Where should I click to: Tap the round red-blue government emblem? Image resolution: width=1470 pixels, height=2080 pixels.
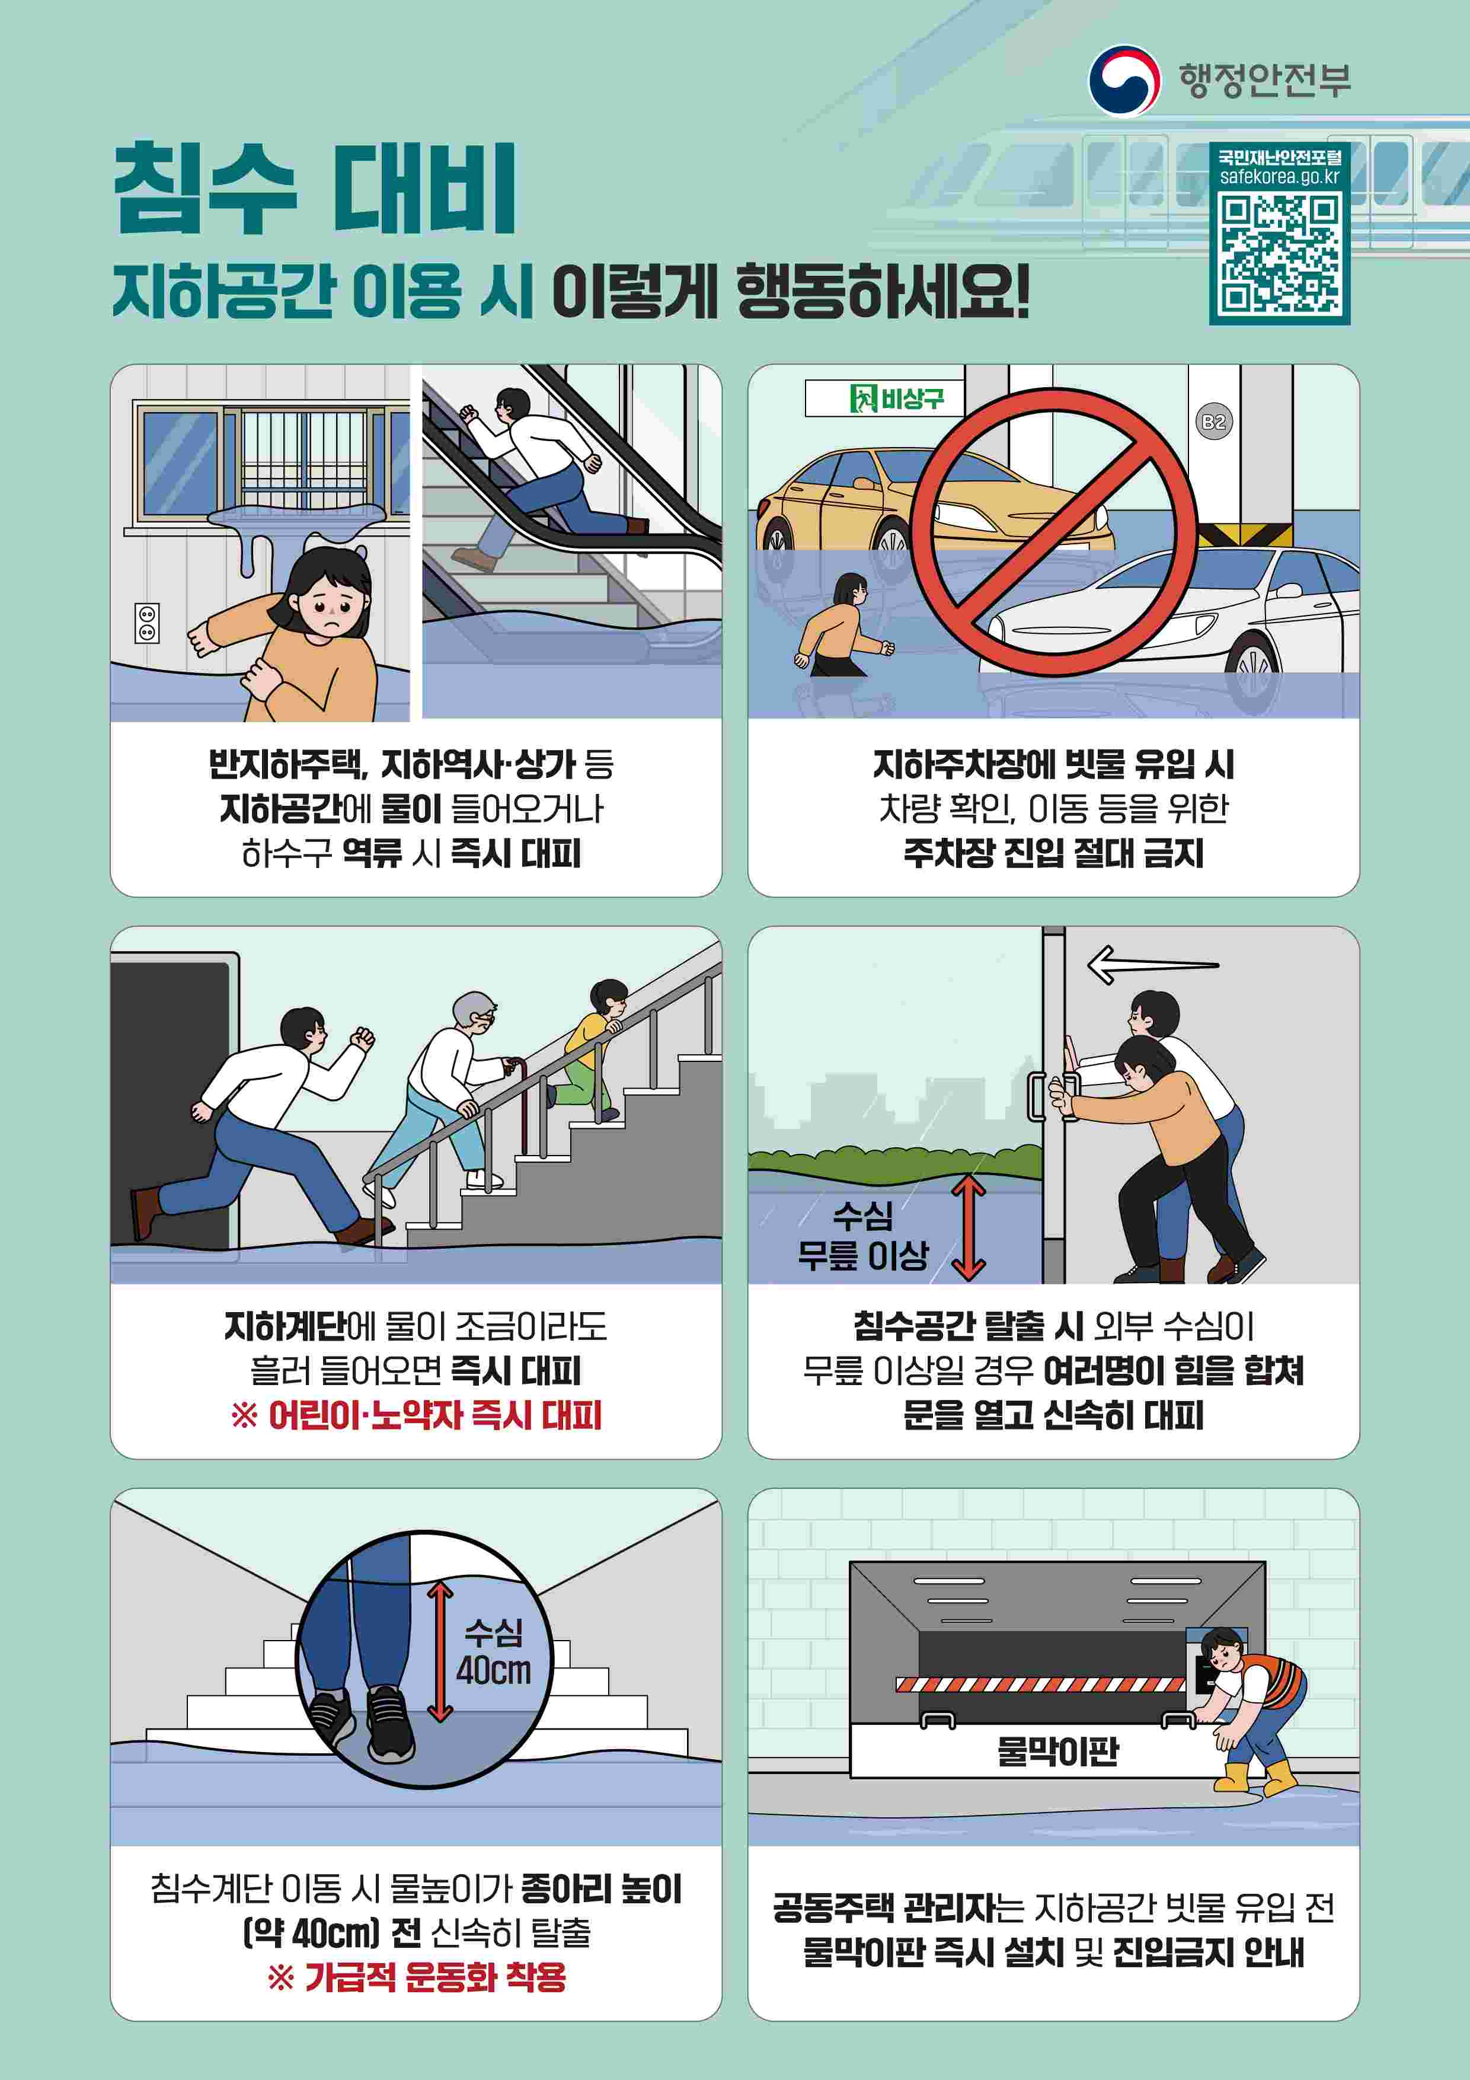[1124, 81]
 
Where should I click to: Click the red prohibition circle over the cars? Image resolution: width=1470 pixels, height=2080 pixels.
[1053, 532]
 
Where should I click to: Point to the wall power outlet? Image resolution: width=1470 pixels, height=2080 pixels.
[147, 623]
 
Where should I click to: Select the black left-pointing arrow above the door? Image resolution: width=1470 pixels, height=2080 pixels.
[1153, 964]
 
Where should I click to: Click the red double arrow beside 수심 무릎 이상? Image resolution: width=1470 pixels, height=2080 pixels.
[968, 1227]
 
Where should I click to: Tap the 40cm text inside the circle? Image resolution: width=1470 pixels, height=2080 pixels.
[494, 1669]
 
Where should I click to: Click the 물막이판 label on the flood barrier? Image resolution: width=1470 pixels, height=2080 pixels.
[1057, 1751]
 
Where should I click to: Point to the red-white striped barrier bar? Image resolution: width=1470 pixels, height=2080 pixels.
[1040, 1684]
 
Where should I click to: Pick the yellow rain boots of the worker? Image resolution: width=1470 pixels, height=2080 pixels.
[1254, 1778]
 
